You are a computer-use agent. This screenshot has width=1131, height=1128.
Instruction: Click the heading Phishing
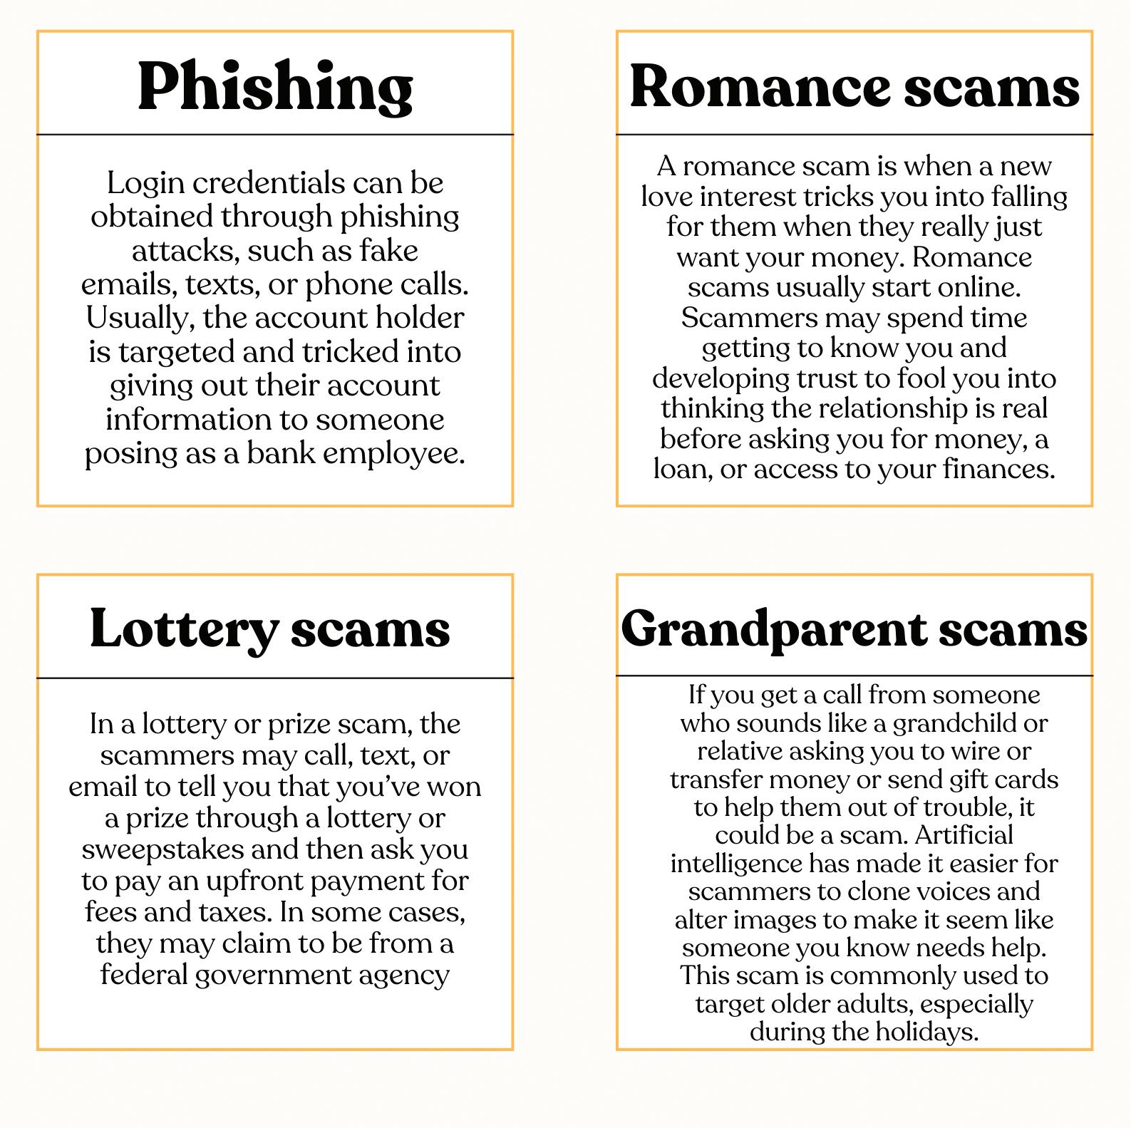[x=275, y=86]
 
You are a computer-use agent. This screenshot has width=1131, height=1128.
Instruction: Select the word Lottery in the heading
[x=182, y=628]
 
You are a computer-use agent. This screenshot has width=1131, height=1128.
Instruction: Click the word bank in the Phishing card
[x=280, y=453]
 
